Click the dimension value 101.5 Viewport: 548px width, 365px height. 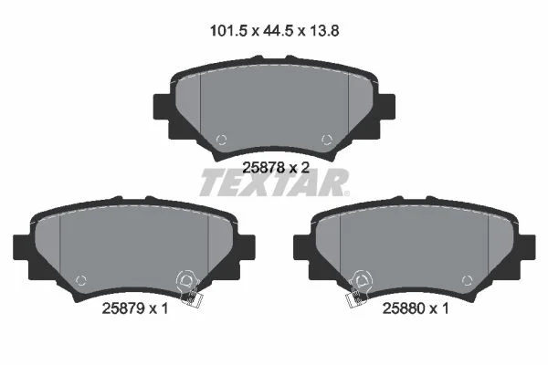228,31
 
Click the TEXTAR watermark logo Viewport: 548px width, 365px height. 274,182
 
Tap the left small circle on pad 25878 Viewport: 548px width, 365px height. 222,140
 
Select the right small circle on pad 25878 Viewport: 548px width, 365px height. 327,140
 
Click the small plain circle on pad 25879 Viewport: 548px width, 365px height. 81,280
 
